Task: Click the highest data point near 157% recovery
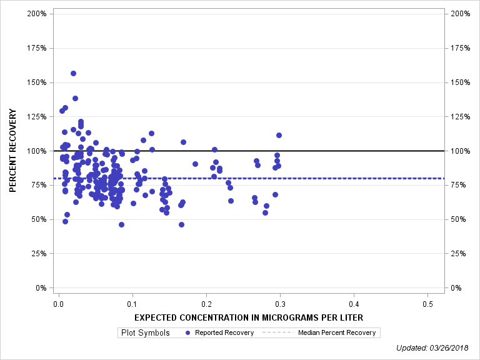click(x=73, y=73)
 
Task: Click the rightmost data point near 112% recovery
click(x=279, y=135)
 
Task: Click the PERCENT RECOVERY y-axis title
click(x=12, y=151)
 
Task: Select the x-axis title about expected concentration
click(x=249, y=317)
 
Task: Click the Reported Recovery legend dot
click(x=189, y=332)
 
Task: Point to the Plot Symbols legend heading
click(x=144, y=332)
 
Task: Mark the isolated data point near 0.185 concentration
click(x=195, y=164)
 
